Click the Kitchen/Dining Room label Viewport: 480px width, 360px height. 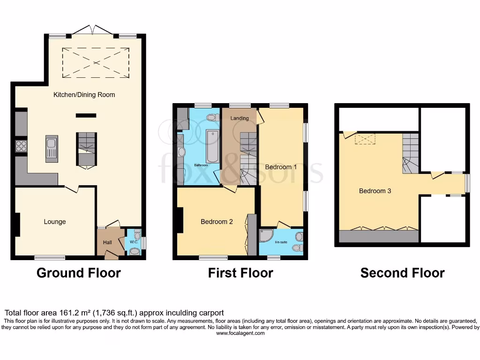click(x=84, y=95)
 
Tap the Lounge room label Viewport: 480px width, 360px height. click(x=55, y=222)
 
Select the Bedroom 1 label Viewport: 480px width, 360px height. click(x=281, y=167)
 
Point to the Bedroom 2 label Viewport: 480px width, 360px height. click(x=217, y=222)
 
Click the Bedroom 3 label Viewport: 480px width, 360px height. click(x=375, y=191)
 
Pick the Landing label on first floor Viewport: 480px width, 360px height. click(x=239, y=118)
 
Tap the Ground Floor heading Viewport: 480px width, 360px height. click(x=78, y=273)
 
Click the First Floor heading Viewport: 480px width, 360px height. click(x=240, y=273)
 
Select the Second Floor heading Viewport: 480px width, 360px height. click(x=402, y=273)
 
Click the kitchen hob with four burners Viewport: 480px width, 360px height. click(x=21, y=146)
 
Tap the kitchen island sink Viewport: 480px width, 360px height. click(x=52, y=149)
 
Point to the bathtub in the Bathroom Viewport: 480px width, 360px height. click(x=213, y=146)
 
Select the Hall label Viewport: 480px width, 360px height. click(x=107, y=242)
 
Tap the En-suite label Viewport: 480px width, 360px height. click(x=281, y=242)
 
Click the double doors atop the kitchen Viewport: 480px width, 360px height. click(x=92, y=30)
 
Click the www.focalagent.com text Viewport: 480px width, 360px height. click(x=240, y=333)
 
